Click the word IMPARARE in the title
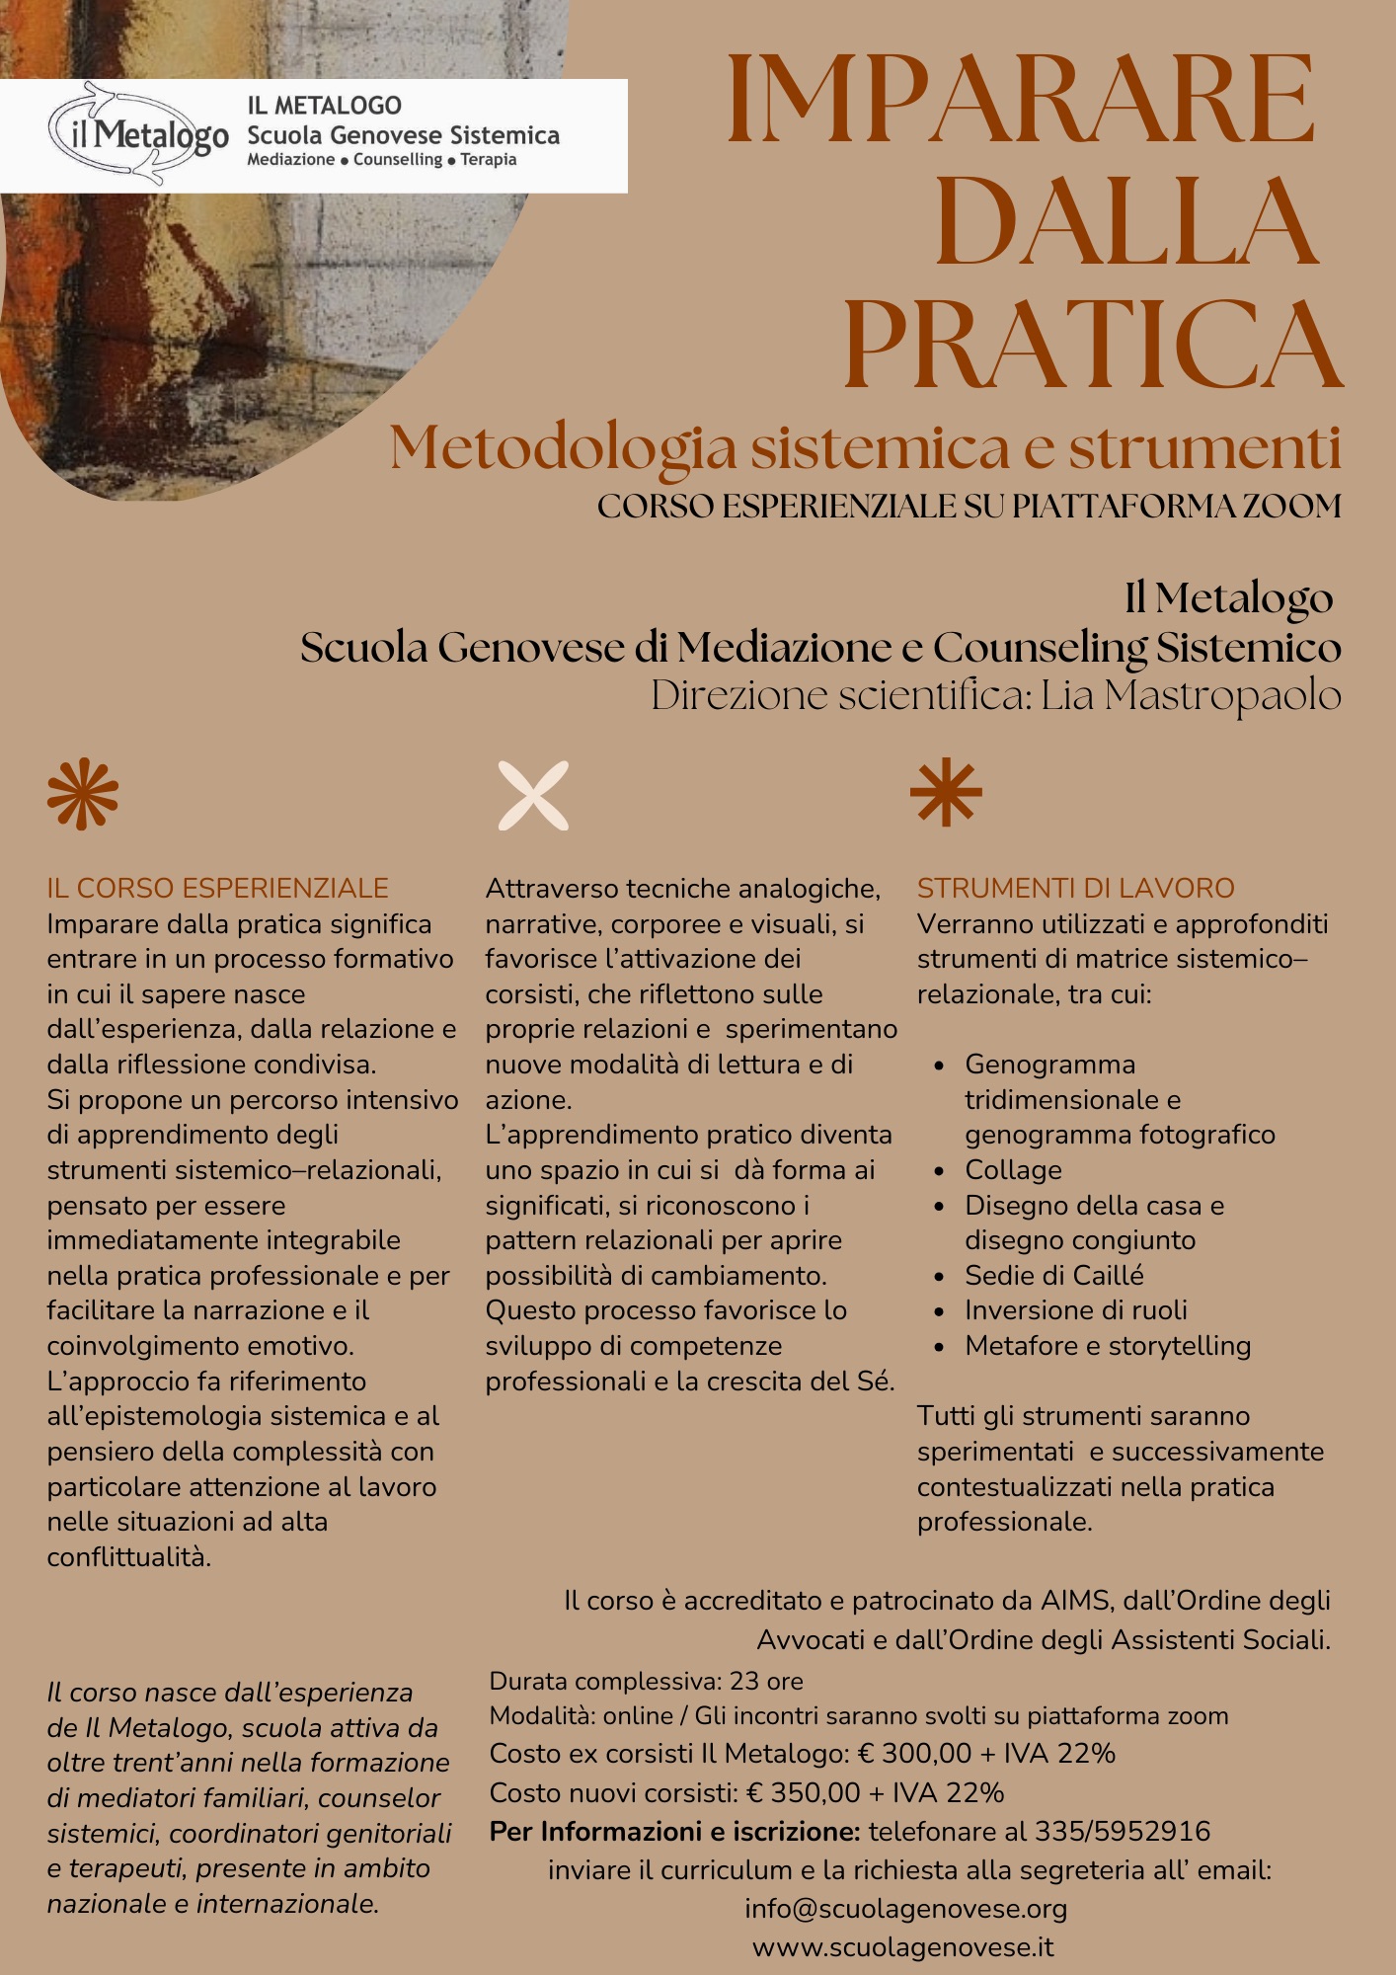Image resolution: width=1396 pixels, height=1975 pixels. [1022, 99]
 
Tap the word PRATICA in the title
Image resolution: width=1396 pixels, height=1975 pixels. [1092, 344]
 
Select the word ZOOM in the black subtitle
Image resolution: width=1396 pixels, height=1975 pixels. [1291, 507]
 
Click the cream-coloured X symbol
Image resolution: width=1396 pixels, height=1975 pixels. [533, 795]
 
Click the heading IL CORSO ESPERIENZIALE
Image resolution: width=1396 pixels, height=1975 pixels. [217, 888]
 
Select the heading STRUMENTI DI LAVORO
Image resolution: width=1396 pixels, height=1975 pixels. [1075, 888]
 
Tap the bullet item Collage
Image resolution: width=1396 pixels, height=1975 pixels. [1013, 1170]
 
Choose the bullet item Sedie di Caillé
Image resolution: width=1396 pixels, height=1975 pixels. [1053, 1276]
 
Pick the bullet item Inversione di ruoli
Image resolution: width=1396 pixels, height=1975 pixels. [1075, 1310]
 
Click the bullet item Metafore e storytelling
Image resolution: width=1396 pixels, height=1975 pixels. [1108, 1346]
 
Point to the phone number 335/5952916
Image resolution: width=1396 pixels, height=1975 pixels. [1122, 1832]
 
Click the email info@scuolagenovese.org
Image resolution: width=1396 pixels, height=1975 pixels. [905, 1909]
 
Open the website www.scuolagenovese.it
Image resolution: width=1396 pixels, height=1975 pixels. [902, 1947]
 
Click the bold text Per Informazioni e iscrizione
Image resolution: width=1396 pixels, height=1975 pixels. [675, 1832]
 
